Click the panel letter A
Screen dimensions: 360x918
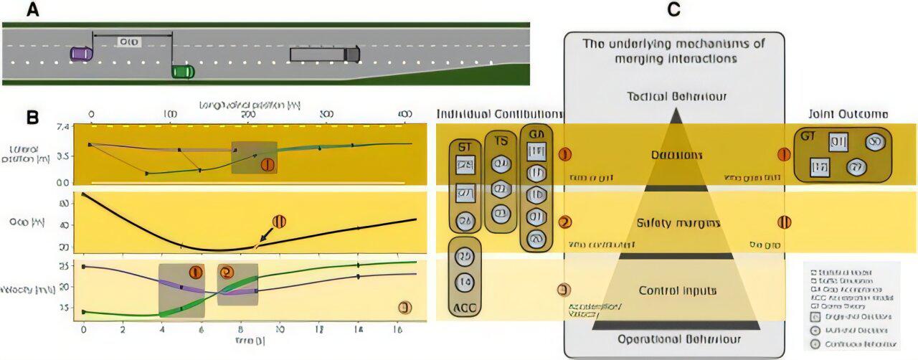(x=32, y=10)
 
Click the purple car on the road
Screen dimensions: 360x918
(x=81, y=53)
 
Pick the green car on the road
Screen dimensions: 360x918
(x=183, y=71)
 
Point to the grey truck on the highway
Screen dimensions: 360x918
(x=324, y=54)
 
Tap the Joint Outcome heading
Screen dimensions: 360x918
(x=848, y=114)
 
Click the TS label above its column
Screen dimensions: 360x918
(x=501, y=141)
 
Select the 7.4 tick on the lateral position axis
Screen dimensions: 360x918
(x=63, y=127)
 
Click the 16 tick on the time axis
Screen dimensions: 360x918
(x=397, y=329)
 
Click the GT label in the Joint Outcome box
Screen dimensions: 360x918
(x=808, y=136)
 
